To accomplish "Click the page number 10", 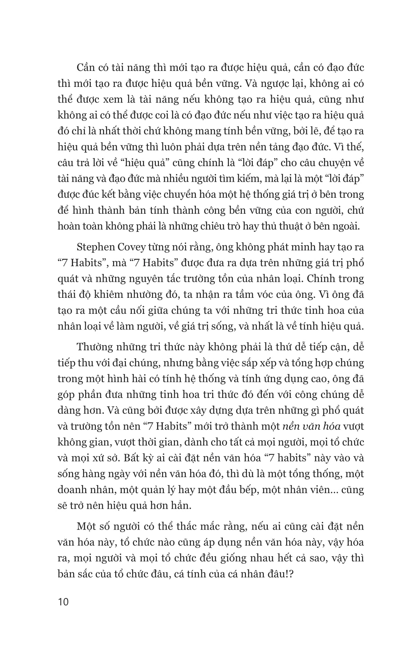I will click(x=64, y=602).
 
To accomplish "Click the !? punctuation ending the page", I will click(x=288, y=574).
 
